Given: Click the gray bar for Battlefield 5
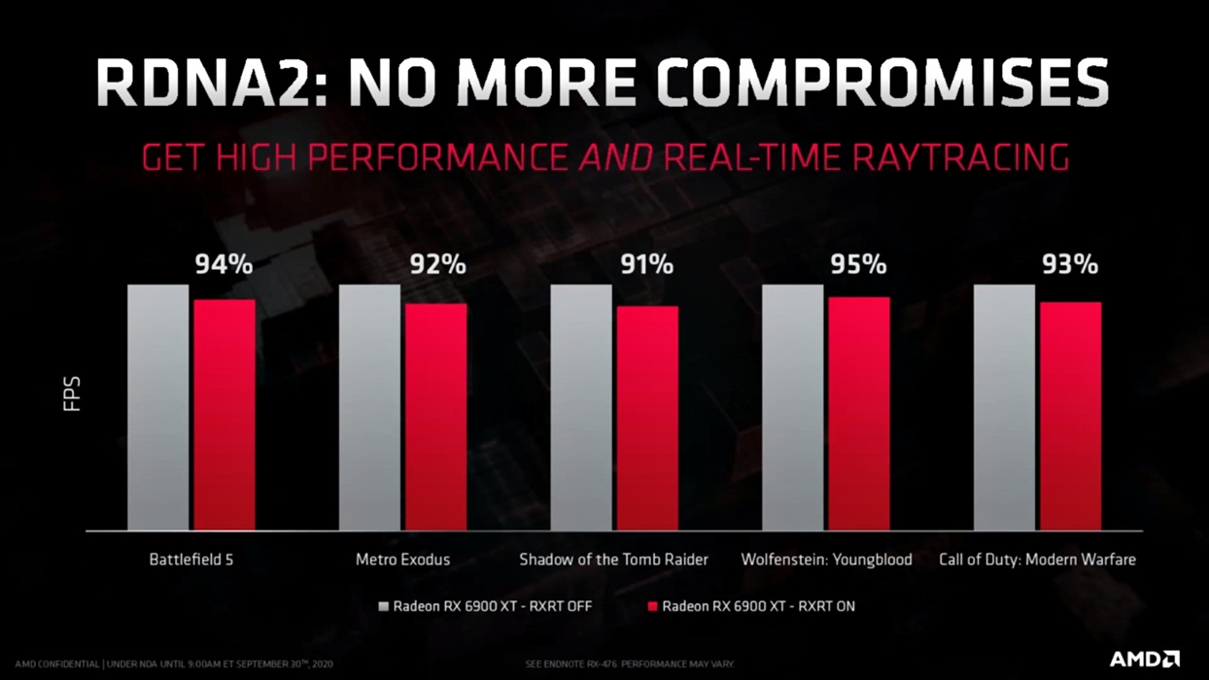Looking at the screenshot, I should pyautogui.click(x=157, y=407).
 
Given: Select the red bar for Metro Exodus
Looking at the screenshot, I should pyautogui.click(x=435, y=417).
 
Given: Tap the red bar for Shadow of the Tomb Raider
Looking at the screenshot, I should pyautogui.click(x=647, y=418).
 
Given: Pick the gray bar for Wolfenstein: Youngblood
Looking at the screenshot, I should pyautogui.click(x=792, y=407).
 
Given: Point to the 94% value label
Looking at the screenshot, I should pyautogui.click(x=224, y=264).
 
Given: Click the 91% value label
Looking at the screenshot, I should pyautogui.click(x=647, y=264).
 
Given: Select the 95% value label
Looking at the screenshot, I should pyautogui.click(x=858, y=264).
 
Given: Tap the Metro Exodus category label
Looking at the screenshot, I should pyautogui.click(x=402, y=560).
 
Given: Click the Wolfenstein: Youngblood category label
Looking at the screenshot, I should pyautogui.click(x=826, y=560).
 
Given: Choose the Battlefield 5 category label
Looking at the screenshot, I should pyautogui.click(x=191, y=560).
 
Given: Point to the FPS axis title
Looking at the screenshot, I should pyautogui.click(x=72, y=394).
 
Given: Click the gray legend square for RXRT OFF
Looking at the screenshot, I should pyautogui.click(x=384, y=607).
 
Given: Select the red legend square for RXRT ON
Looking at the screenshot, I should pyautogui.click(x=652, y=607).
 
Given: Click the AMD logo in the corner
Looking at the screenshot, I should pyautogui.click(x=1144, y=660).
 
